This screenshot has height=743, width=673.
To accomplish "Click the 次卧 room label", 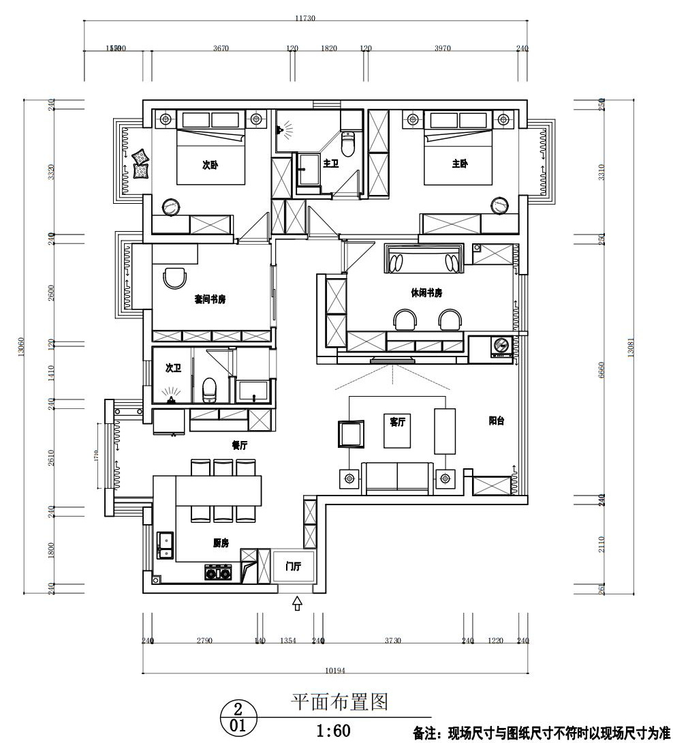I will pos(210,165).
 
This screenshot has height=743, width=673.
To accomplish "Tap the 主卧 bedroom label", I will pos(460,164).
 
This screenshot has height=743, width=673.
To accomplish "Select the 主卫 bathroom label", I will pos(331,164).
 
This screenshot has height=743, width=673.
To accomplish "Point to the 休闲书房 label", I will pos(426,292).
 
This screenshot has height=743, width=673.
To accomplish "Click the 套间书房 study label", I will pos(210,299).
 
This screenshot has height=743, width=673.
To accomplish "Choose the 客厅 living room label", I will pos(397,423).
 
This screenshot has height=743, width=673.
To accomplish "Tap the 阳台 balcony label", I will pos(496,421).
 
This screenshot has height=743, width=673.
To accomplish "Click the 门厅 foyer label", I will pos(294,566).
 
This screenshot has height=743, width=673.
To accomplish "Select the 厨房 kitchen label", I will pos(220,543).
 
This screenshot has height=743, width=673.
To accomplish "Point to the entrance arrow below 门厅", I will pos(297,603).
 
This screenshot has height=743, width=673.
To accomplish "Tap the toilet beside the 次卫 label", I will pos(210,390).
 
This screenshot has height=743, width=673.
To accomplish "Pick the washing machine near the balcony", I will pos(502,346).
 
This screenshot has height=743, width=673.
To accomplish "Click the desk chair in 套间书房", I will pos(176,278).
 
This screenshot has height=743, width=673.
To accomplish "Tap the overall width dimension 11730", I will pos(304,18).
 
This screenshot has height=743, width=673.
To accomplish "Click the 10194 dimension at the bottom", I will pos(334,671).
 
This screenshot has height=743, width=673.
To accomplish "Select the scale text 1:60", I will pos(333,731).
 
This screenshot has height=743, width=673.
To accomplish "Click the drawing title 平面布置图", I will pos(339,701).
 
